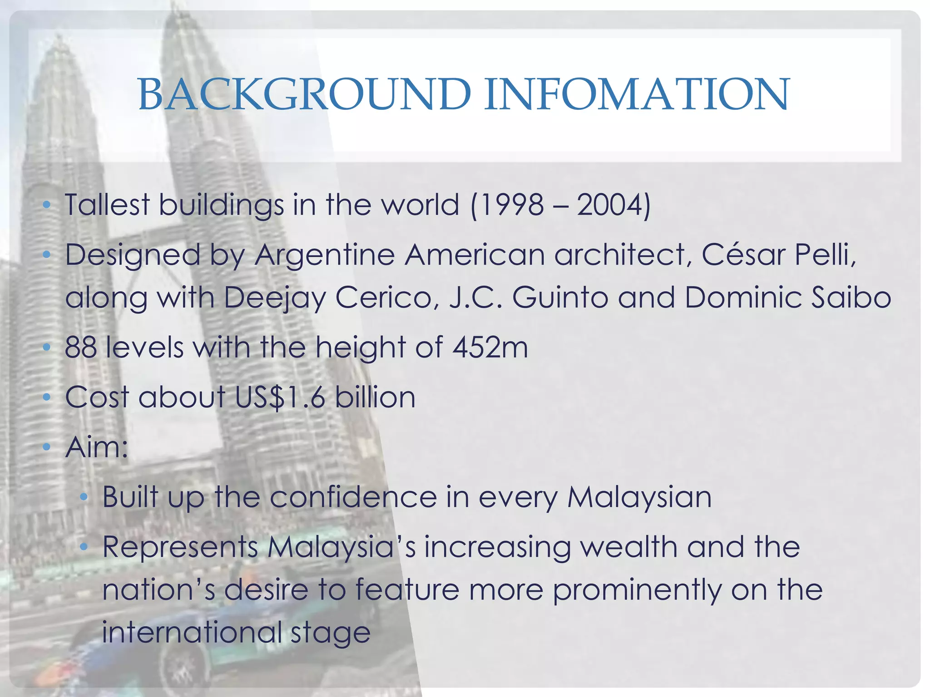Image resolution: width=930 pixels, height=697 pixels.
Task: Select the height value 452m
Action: pyautogui.click(x=490, y=348)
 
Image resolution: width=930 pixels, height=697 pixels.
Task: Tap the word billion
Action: pyautogui.click(x=375, y=398)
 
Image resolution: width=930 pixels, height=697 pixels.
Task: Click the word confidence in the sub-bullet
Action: pyautogui.click(x=353, y=497)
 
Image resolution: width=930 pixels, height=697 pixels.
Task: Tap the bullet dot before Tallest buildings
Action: pyautogui.click(x=46, y=206)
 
